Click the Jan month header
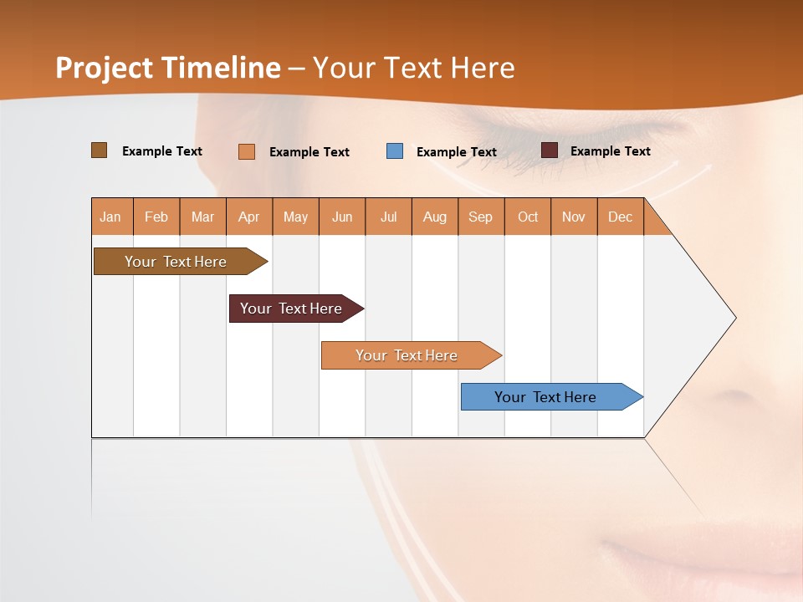point(110,217)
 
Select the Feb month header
point(156,217)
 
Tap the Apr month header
point(248,217)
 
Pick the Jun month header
point(342,217)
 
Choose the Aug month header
point(434,217)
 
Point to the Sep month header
point(480,217)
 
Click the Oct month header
point(528,217)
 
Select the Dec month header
point(620,217)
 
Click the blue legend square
point(395,151)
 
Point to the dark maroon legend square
point(550,150)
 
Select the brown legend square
point(100,150)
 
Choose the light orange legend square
point(247,151)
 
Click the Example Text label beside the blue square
point(456,152)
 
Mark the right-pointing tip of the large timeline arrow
point(734,318)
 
